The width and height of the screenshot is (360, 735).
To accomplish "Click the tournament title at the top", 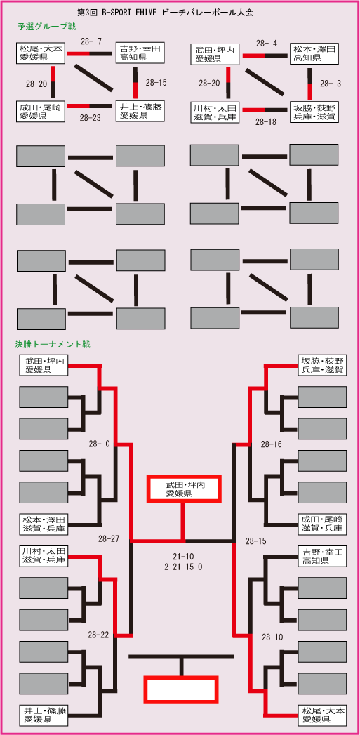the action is click(164, 13).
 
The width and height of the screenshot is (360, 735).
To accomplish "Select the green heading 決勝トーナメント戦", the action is click(53, 344).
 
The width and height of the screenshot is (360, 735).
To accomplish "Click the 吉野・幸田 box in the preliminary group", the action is click(140, 53).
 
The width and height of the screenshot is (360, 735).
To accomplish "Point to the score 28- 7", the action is click(91, 41).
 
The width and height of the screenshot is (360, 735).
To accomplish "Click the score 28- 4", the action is click(267, 43).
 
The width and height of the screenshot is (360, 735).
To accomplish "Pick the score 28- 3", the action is click(331, 84).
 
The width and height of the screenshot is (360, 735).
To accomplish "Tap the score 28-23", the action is click(91, 118).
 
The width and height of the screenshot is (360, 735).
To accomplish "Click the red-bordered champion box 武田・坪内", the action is click(183, 489).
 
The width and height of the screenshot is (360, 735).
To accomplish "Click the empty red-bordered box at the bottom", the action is click(181, 689).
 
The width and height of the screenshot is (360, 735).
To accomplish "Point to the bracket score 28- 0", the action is click(98, 444).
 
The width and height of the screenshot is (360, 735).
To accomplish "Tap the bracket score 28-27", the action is click(109, 539).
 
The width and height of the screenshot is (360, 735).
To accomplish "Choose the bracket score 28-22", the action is click(98, 635).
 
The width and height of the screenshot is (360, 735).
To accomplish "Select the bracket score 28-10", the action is click(272, 637).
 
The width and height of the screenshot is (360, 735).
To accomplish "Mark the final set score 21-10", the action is click(183, 557).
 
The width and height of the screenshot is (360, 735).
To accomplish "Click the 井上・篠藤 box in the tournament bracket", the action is click(44, 715).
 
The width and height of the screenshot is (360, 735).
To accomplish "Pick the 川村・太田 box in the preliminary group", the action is click(215, 112).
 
